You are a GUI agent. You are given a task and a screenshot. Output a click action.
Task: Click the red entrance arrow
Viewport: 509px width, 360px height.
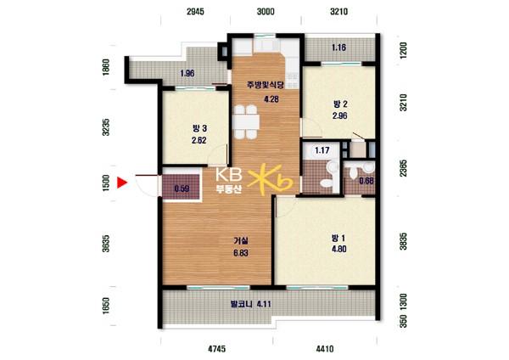tap(121, 183)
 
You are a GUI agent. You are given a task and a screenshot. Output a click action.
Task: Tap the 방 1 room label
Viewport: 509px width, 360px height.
tap(338, 239)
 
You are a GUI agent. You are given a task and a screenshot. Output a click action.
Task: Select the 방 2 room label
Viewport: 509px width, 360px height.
tap(340, 104)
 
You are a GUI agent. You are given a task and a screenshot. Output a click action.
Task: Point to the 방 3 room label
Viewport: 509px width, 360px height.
tap(199, 129)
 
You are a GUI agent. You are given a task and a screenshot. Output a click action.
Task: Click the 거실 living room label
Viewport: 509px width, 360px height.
tap(241, 241)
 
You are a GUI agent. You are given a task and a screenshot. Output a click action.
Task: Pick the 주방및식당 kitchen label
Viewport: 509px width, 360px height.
tap(266, 86)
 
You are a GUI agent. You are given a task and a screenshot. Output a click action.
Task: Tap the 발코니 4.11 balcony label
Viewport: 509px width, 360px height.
tap(250, 305)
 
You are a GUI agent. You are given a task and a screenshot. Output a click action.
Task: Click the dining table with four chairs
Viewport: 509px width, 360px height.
tap(246, 122)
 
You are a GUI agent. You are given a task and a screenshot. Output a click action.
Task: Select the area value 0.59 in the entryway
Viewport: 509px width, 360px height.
tap(182, 188)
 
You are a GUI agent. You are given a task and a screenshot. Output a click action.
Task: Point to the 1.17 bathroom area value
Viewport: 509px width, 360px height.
tap(322, 150)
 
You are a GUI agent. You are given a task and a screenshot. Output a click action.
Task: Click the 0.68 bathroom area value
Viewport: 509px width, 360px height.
tap(366, 181)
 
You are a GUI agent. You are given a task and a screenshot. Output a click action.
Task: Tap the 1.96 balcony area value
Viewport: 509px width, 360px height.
tap(187, 73)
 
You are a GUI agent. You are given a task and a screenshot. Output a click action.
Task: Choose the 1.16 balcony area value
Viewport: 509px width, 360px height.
tap(338, 48)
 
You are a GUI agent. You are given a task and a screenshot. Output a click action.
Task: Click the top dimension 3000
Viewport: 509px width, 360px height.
tap(266, 12)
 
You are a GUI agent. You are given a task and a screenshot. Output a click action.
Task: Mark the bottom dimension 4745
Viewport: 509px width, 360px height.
tap(216, 349)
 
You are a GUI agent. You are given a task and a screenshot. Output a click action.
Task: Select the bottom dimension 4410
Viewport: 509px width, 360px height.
tap(325, 349)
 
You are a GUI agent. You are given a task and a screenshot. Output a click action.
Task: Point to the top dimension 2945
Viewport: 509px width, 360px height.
tap(195, 12)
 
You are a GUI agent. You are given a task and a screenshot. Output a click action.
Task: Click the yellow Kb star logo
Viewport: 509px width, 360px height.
tap(270, 180)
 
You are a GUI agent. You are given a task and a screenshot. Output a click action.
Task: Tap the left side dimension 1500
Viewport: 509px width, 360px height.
tap(106, 183)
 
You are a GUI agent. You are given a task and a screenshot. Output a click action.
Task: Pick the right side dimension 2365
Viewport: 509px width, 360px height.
tap(403, 168)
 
